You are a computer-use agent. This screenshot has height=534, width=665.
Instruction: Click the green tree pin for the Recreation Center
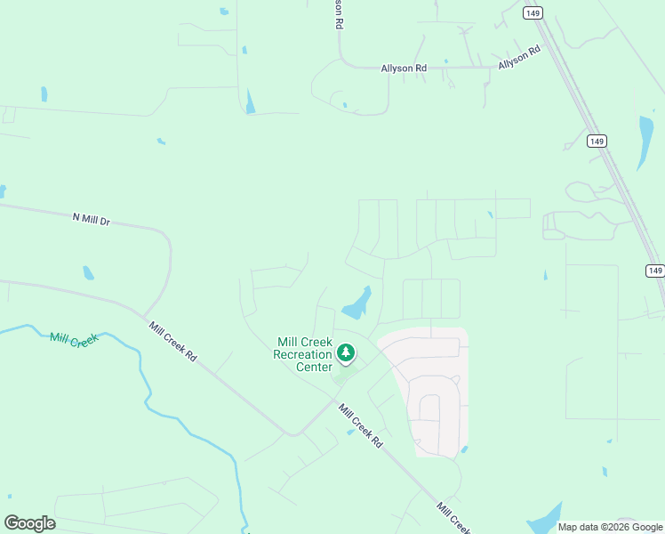point(346,354)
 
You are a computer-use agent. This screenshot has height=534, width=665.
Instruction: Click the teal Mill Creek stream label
point(73,339)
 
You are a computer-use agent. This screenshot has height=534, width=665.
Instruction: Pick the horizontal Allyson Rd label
point(404,68)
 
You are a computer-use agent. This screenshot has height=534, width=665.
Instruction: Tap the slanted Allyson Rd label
point(519,59)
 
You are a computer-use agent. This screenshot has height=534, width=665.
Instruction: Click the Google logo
point(29,523)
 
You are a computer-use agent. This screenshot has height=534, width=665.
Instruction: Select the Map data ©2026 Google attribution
point(610,527)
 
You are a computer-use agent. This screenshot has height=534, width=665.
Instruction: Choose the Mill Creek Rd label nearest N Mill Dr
point(172,341)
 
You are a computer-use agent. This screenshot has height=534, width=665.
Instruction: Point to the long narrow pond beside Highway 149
point(645,142)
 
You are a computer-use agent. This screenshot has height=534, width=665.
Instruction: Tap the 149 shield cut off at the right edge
point(655,271)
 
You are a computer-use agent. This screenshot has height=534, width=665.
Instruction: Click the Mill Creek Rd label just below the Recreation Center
point(360,426)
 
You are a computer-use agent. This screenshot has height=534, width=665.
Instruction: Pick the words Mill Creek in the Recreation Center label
point(304,342)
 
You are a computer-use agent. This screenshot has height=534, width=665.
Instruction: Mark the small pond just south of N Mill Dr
point(88,273)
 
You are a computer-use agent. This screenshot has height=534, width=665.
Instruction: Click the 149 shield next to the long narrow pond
point(597,141)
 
